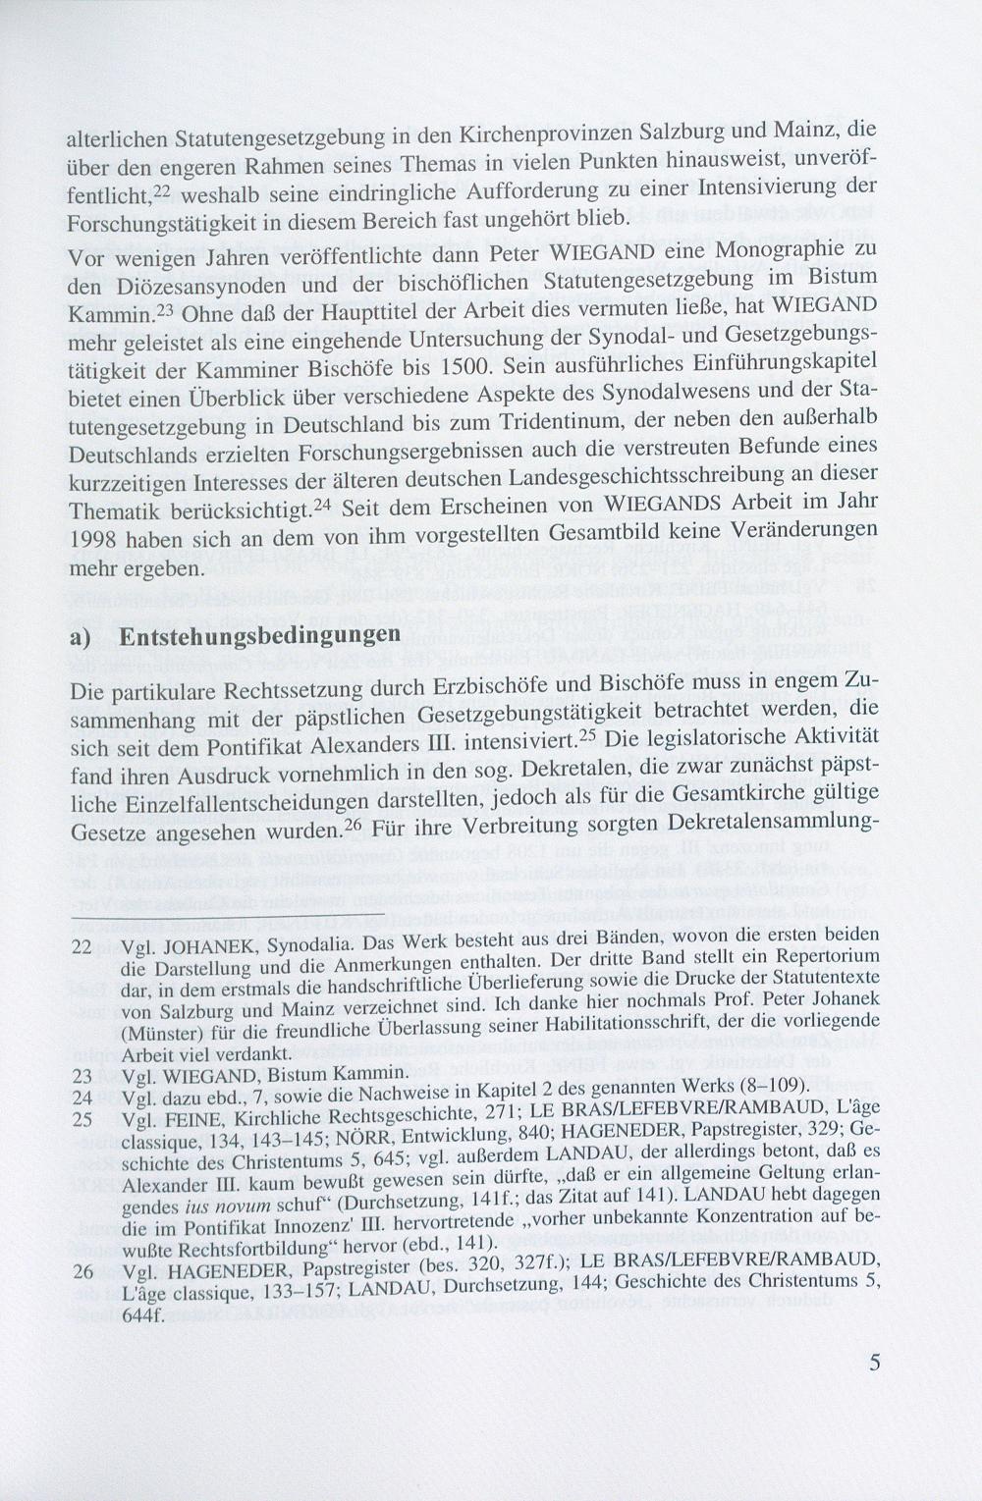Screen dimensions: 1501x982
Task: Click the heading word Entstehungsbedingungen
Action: tap(259, 635)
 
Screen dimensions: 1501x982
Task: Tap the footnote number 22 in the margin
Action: tap(82, 946)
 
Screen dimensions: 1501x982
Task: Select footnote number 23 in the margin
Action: tap(82, 1074)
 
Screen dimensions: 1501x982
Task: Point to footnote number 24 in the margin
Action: tap(82, 1094)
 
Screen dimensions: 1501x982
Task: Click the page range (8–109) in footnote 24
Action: tap(771, 1094)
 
